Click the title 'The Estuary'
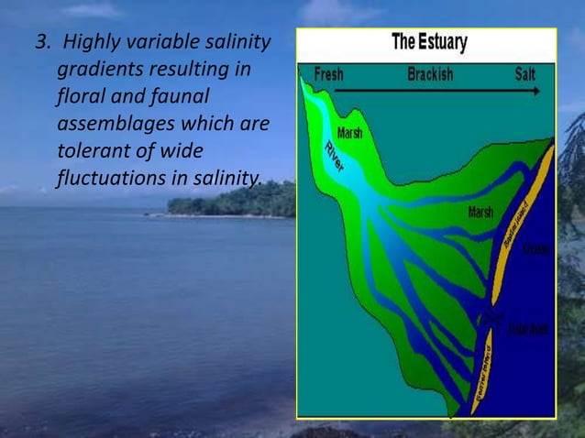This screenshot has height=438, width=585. pos(428,42)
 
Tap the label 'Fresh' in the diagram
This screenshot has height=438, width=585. pos(329,73)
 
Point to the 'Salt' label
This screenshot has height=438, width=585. pos(525,73)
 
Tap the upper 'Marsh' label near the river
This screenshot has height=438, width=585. pos(348,133)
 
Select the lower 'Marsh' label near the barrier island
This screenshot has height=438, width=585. pos(480,213)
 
